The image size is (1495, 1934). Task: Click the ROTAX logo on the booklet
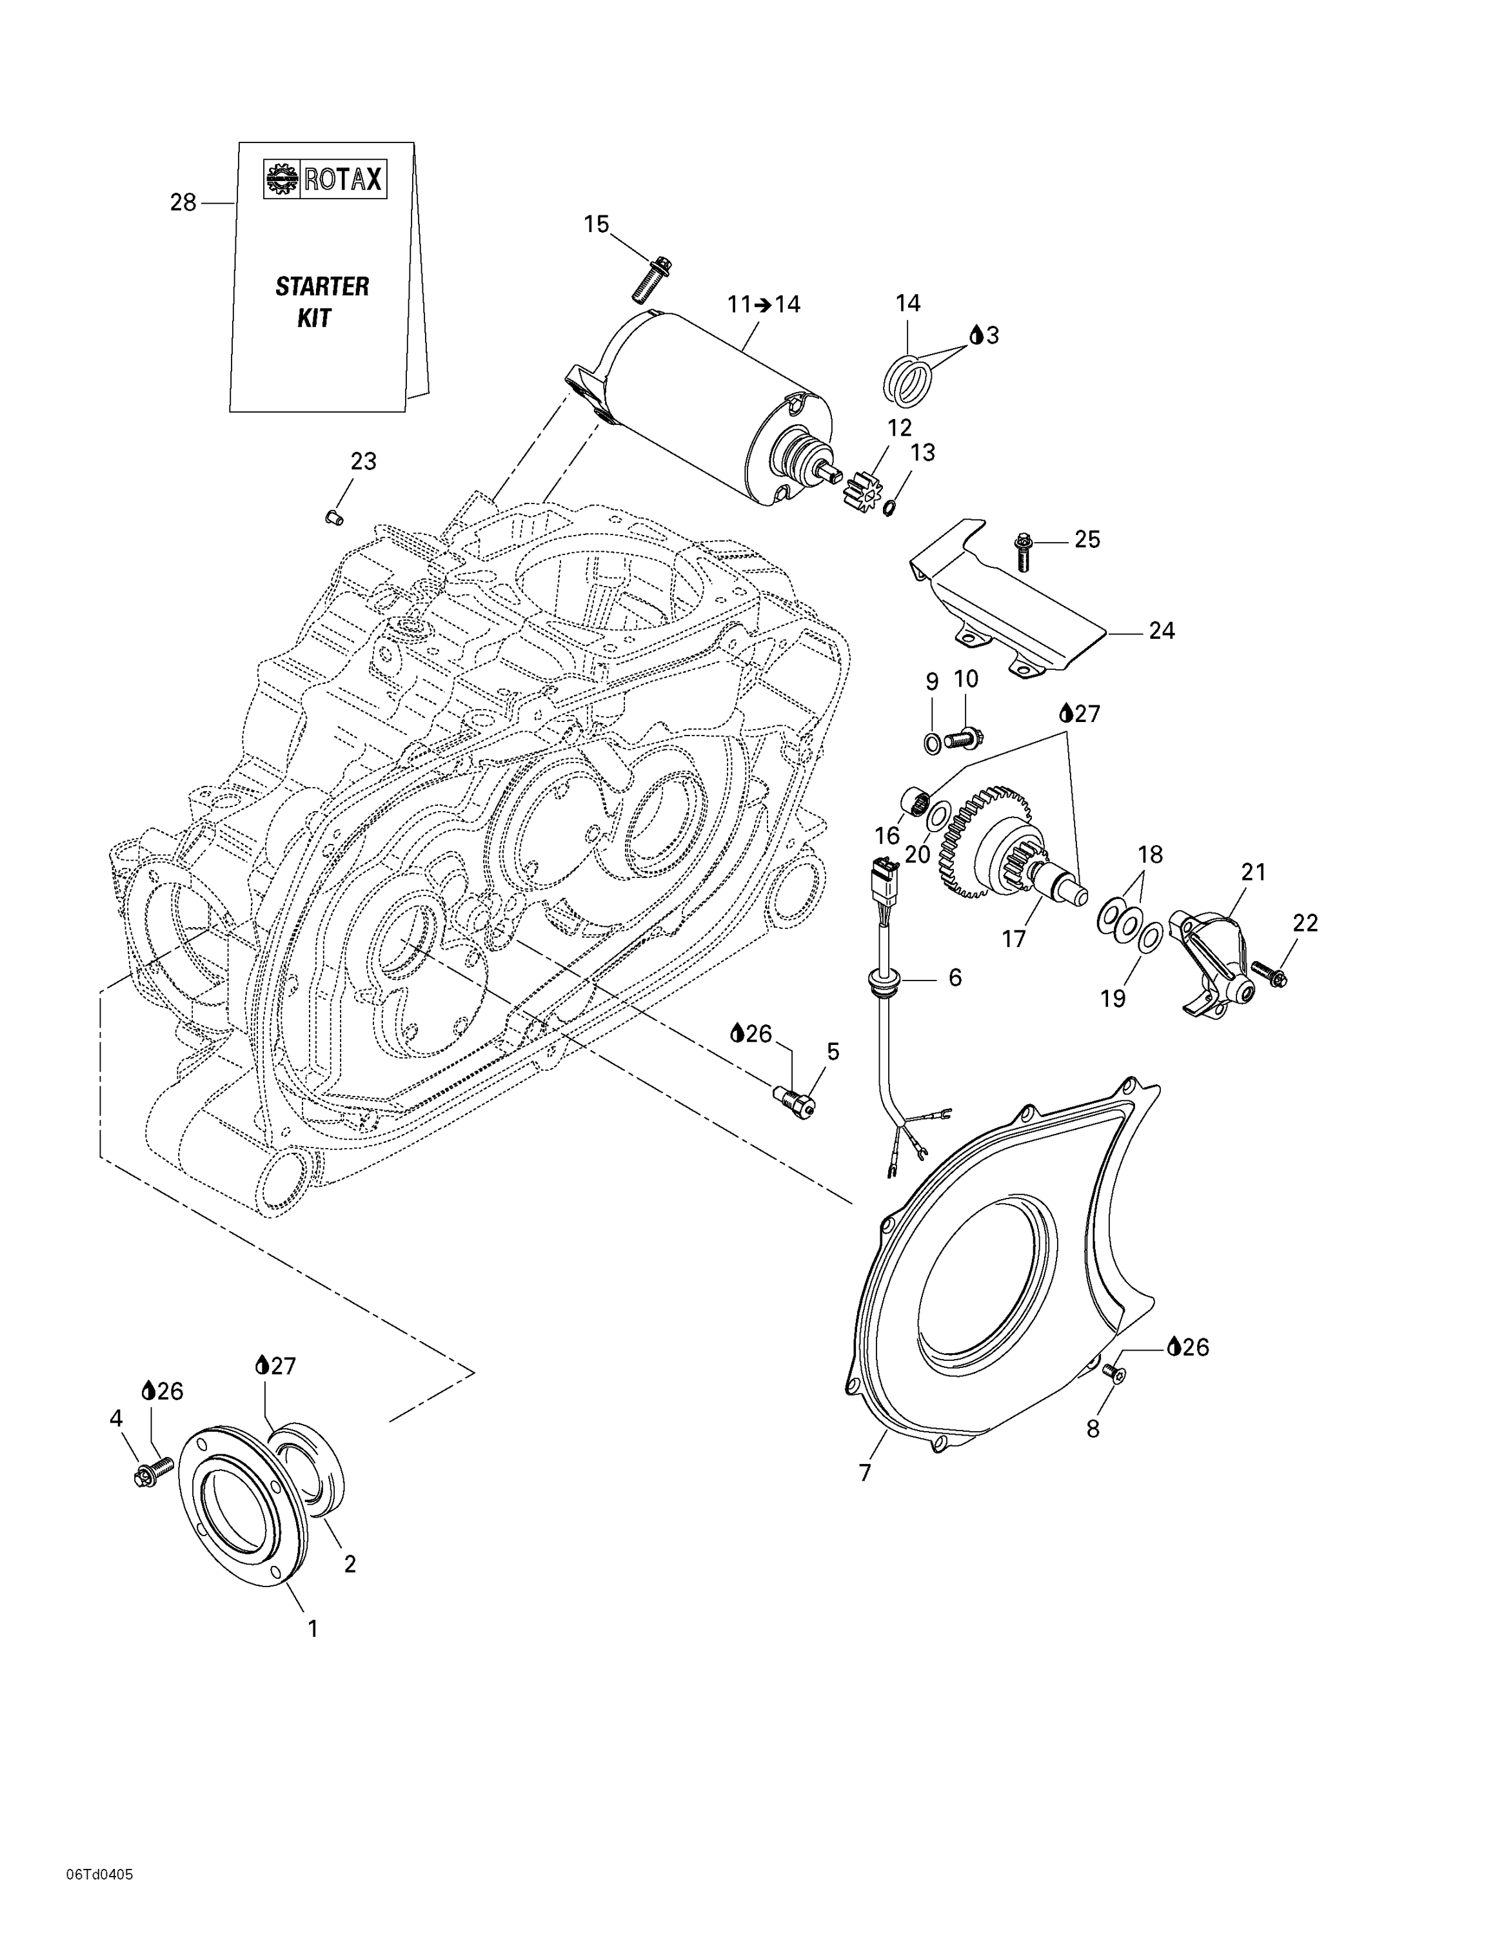(325, 180)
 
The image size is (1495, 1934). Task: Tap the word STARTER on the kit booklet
(321, 286)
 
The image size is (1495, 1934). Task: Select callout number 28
(183, 203)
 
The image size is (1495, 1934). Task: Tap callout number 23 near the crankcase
(363, 462)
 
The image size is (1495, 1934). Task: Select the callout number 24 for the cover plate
(1161, 631)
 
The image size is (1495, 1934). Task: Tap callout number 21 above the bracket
(1254, 872)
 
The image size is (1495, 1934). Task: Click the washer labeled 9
(933, 742)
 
